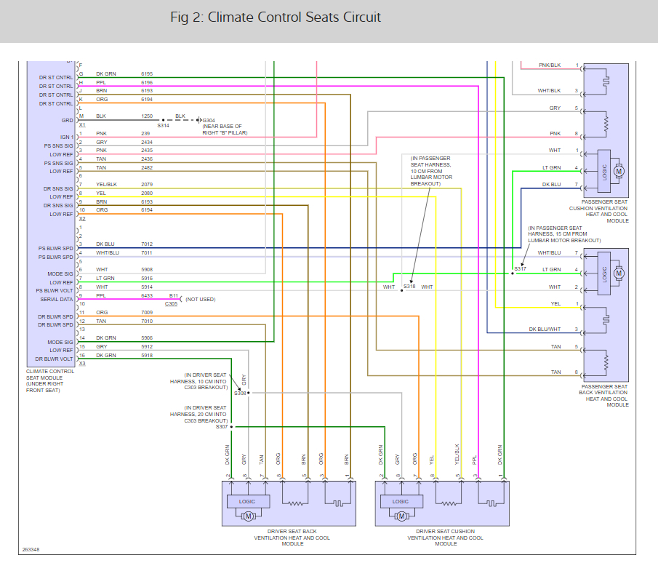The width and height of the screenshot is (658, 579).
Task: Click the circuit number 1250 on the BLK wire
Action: [x=147, y=116]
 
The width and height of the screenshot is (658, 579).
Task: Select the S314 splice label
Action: [x=163, y=125]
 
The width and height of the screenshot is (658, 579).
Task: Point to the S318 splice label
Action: [x=410, y=287]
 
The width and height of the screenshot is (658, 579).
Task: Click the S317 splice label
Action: [x=520, y=269]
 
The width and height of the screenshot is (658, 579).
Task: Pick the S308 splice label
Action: [x=240, y=393]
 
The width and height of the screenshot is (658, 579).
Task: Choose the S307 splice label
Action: [x=222, y=426]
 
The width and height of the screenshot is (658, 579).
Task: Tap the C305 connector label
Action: [x=172, y=304]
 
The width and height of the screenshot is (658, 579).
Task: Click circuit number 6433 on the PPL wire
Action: [x=147, y=295]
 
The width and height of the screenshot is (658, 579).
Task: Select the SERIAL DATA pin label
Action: [x=56, y=299]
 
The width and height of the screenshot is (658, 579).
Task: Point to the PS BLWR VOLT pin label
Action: [x=55, y=290]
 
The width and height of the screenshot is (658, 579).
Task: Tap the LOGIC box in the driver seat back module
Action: [x=248, y=501]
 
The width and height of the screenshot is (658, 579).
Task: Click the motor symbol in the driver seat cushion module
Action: [x=401, y=516]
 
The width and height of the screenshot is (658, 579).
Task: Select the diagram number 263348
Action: [x=31, y=549]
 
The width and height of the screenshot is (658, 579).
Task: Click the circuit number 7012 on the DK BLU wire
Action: [x=147, y=244]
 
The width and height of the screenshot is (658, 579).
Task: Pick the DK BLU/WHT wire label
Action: [x=545, y=330]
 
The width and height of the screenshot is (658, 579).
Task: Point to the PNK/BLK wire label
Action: [x=550, y=65]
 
